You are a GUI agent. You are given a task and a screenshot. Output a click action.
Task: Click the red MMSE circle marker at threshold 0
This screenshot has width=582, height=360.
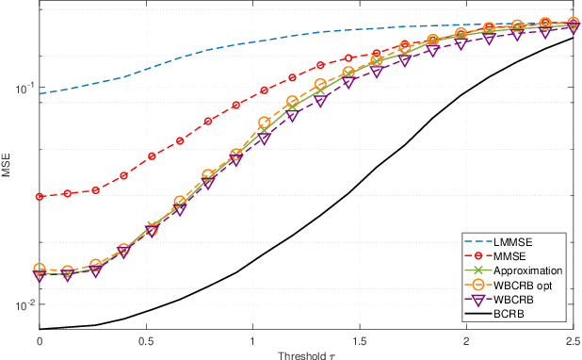[x=40, y=197]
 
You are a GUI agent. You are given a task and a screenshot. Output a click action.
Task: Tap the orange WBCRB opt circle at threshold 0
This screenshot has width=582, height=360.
[x=40, y=270]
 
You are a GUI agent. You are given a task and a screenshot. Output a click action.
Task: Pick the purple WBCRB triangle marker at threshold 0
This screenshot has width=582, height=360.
[x=40, y=275]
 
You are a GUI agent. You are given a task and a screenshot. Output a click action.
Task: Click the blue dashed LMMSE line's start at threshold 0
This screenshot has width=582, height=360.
[x=40, y=93]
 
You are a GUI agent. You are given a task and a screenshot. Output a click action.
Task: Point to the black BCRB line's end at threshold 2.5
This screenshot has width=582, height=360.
[x=572, y=38]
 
